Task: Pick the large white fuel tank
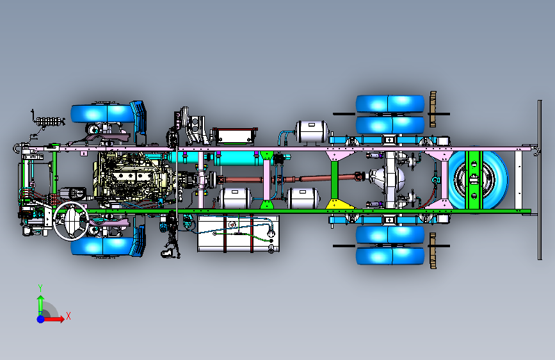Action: coord(238,234)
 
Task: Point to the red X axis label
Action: coord(68,316)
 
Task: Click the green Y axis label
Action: coord(40,288)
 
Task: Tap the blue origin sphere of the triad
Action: coord(41,319)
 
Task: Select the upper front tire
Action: coord(102,113)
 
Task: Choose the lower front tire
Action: coord(102,247)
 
